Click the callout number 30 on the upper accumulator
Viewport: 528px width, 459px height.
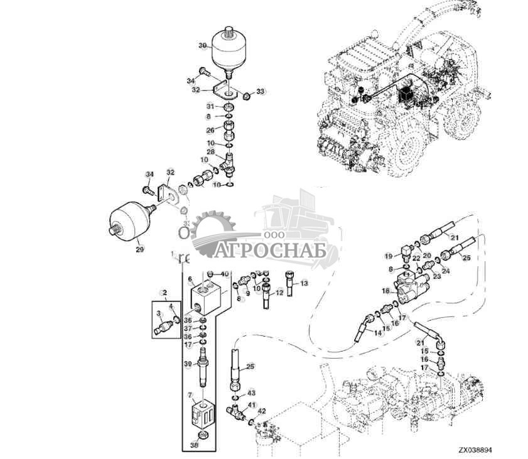click(x=202, y=46)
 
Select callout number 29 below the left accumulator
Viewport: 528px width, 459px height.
click(x=139, y=250)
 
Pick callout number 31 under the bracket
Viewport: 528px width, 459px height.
click(x=212, y=106)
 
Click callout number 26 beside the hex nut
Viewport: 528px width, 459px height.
click(x=211, y=131)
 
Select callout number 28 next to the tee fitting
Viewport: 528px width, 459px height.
click(x=211, y=153)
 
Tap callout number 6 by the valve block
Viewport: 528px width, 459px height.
click(x=189, y=279)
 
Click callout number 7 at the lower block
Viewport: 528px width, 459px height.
click(x=189, y=394)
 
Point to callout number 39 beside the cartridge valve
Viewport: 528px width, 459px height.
click(x=187, y=364)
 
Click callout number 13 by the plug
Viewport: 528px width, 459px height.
click(x=304, y=284)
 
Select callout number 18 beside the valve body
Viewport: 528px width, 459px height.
click(x=386, y=291)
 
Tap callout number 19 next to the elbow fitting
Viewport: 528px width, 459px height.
click(x=389, y=256)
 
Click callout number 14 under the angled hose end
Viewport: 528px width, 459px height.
click(x=377, y=333)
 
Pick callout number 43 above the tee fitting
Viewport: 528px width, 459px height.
click(x=251, y=392)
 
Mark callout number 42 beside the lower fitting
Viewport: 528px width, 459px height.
click(x=262, y=411)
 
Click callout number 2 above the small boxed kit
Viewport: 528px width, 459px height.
click(x=164, y=293)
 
